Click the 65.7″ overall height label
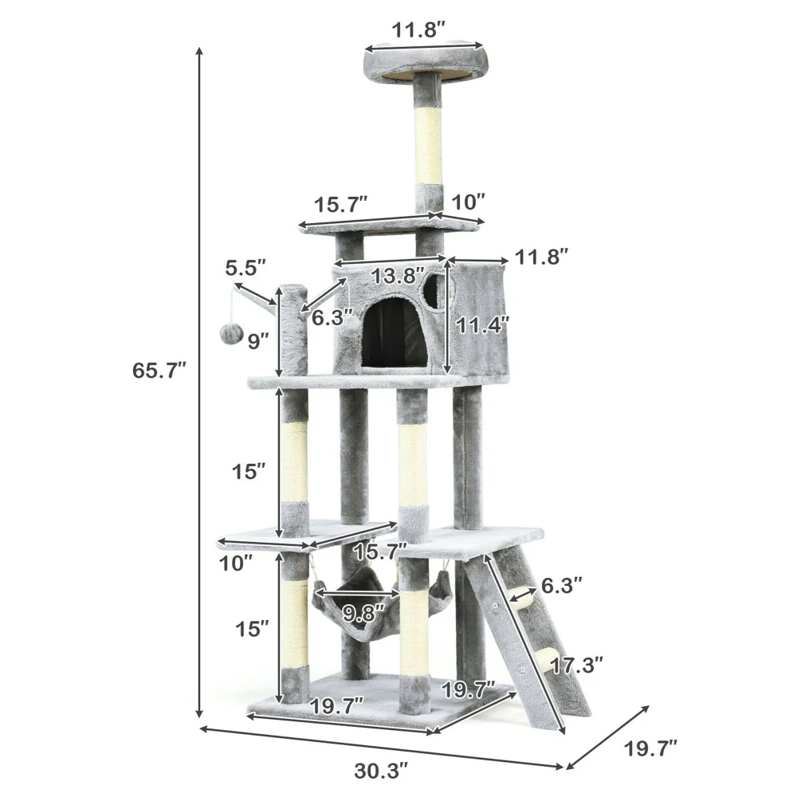tap(159, 371)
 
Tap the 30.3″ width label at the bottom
tap(381, 771)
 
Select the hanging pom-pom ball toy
tap(229, 334)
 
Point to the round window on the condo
tap(433, 292)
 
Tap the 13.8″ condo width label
tap(398, 276)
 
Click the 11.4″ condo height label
tap(483, 324)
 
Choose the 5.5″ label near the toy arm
tap(246, 267)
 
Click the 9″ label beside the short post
tap(257, 342)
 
